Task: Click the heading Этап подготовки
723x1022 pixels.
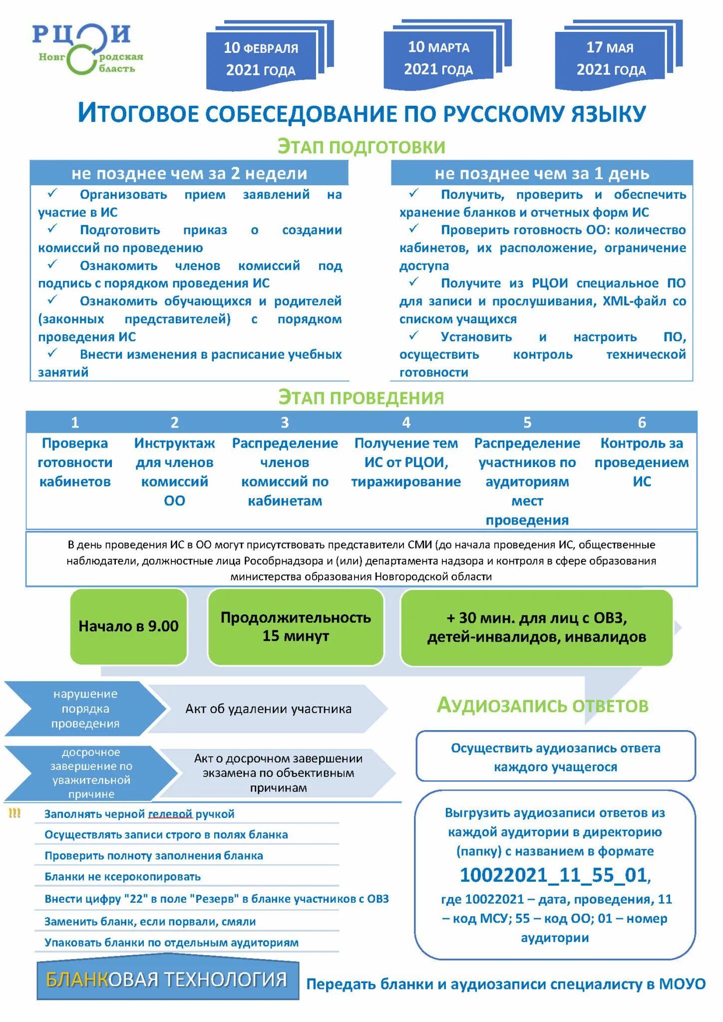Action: [361, 147]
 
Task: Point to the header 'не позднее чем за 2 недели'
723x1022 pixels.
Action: [189, 174]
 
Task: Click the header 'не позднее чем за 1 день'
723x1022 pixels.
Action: [542, 174]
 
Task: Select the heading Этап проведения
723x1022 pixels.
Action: [361, 398]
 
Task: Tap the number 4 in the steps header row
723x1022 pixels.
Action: [406, 423]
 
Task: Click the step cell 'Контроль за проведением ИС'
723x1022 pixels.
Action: [642, 463]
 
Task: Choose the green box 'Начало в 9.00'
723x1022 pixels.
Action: [128, 626]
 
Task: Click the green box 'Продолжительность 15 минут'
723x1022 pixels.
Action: [296, 627]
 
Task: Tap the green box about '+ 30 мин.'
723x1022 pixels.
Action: [536, 627]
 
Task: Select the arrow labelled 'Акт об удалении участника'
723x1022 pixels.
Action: [268, 709]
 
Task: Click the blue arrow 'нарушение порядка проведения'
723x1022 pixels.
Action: [85, 709]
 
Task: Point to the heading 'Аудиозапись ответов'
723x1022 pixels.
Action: [542, 706]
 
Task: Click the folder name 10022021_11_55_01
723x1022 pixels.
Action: [554, 875]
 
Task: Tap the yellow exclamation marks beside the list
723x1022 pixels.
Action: [14, 813]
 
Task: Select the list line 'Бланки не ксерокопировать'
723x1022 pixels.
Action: [123, 877]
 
